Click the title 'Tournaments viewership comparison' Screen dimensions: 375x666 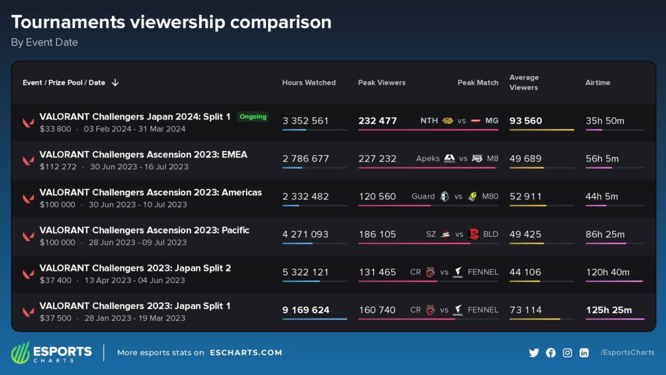(x=171, y=22)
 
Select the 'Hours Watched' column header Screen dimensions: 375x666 (x=309, y=83)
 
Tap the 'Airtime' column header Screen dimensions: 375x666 (x=598, y=83)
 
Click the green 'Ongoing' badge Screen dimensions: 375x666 (x=253, y=117)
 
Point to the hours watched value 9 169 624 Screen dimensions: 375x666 (x=306, y=310)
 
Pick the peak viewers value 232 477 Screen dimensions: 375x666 (x=377, y=120)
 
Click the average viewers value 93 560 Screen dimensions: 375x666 (x=526, y=120)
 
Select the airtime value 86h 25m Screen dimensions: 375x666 (x=605, y=234)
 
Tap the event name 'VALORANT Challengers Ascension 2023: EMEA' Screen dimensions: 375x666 (x=143, y=154)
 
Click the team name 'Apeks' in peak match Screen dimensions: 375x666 (x=428, y=159)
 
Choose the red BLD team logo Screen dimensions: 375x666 (x=473, y=234)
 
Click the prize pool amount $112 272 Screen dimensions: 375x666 (x=58, y=167)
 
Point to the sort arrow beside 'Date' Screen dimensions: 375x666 (x=115, y=83)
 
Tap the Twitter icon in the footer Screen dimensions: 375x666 (x=534, y=352)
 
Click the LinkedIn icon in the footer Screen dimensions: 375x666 (x=584, y=352)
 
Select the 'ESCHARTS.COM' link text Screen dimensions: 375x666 (x=246, y=352)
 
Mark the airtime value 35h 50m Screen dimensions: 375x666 (x=605, y=120)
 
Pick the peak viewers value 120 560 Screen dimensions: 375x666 (x=377, y=197)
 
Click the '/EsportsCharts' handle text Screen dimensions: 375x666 (x=627, y=352)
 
